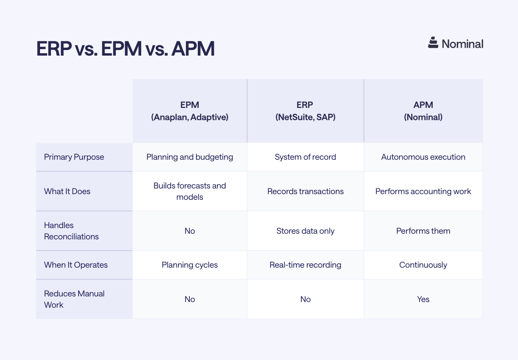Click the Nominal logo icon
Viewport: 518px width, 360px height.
(x=433, y=43)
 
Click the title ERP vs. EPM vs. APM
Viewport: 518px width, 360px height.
(x=125, y=49)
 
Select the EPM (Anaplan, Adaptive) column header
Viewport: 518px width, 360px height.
(x=190, y=111)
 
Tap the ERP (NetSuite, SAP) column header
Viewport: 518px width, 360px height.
(x=305, y=111)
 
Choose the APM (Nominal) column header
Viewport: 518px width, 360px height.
(x=423, y=111)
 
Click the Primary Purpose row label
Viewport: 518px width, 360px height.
(x=74, y=157)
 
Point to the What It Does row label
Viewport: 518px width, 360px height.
(x=67, y=191)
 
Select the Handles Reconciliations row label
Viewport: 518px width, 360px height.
(x=72, y=231)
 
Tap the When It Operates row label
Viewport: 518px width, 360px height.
(x=76, y=265)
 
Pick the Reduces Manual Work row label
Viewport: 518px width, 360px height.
(x=74, y=299)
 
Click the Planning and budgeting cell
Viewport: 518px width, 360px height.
(x=190, y=157)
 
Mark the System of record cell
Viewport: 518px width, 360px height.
(x=305, y=157)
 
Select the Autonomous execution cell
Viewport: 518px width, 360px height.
(x=423, y=157)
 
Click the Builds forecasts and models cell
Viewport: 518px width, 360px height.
(x=190, y=191)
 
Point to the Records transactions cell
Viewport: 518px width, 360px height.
(x=305, y=191)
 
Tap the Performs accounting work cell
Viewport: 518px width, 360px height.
(x=423, y=191)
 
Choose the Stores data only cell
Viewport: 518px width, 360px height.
(x=305, y=231)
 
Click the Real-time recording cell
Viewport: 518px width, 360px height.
(x=305, y=265)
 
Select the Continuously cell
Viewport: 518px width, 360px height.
(x=423, y=265)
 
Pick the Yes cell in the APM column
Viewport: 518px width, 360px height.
(x=423, y=299)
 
